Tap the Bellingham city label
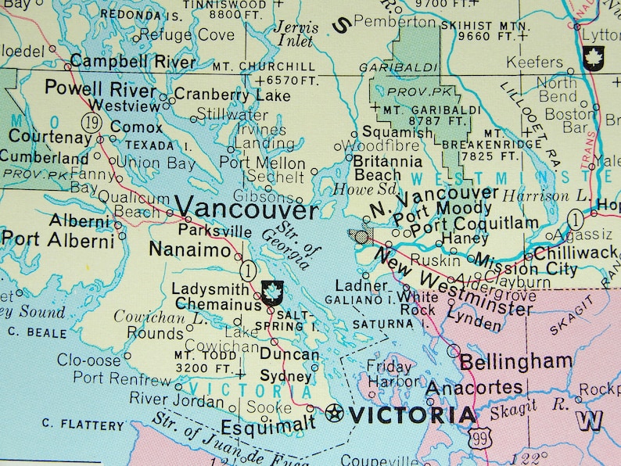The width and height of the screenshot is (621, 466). point(515,362)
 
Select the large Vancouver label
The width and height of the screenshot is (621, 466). point(246,209)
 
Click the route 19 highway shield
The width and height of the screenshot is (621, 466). point(92,123)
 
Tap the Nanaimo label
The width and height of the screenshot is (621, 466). point(190,251)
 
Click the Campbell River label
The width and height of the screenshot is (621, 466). point(132,61)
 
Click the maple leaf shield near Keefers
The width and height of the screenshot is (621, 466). point(594,57)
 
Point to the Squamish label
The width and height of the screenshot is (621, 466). point(397,132)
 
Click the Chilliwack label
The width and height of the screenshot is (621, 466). point(576,253)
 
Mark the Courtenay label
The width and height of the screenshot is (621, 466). point(48,138)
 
